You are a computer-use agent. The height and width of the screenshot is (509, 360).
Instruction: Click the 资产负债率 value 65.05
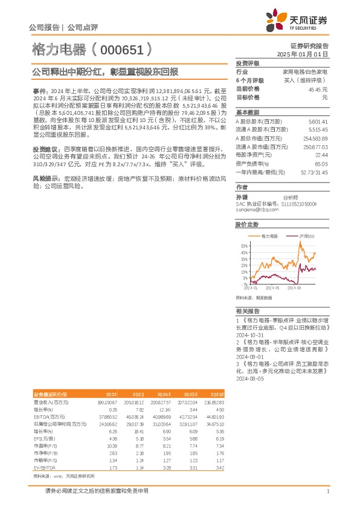321,163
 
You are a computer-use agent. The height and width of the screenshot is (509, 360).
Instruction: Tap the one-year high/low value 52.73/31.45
314,172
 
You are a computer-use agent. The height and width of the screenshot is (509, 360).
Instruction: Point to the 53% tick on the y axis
244,246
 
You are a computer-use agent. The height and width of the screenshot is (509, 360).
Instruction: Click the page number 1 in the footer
327,491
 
